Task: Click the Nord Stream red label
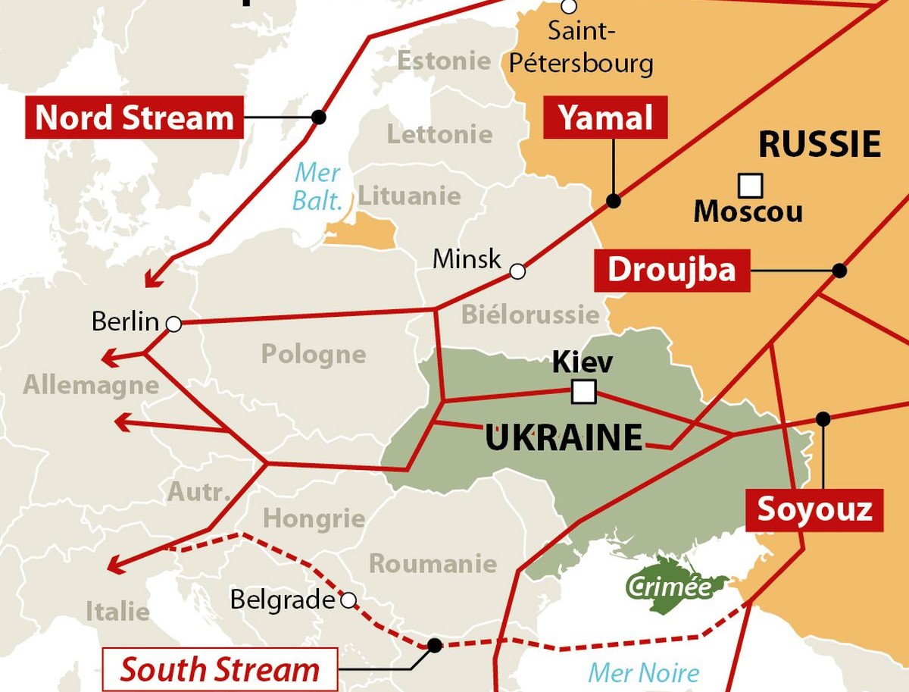tap(135, 117)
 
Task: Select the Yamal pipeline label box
tap(605, 117)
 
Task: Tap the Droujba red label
tap(671, 270)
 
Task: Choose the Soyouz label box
tap(815, 509)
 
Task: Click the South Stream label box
tap(220, 670)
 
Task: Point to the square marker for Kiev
tap(583, 392)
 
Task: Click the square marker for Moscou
tap(750, 185)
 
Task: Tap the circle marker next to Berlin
tap(173, 324)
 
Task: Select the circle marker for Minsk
tap(517, 271)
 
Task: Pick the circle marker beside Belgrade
tap(348, 601)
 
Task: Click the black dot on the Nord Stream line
tap(319, 117)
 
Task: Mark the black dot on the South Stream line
tap(434, 645)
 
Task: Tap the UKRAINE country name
tap(564, 438)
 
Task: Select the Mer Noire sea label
tap(644, 672)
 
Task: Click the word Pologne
tap(314, 354)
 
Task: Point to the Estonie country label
tap(444, 61)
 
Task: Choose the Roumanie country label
tap(433, 563)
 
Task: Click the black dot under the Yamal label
tap(614, 201)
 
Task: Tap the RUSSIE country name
tap(820, 144)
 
